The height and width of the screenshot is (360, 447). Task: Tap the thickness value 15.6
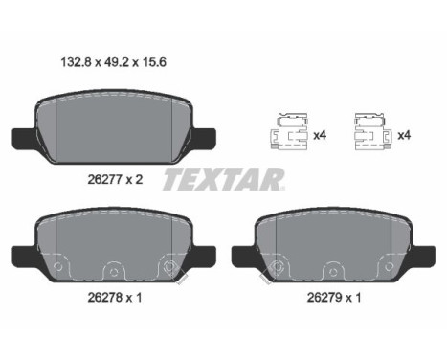coord(153,62)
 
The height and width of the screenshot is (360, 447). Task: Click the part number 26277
coord(105,180)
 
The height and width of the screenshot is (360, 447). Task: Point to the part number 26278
coord(105,298)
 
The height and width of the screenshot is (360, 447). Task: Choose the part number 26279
coord(324,298)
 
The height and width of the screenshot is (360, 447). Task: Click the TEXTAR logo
coord(224,180)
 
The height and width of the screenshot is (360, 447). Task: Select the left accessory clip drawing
coord(289,131)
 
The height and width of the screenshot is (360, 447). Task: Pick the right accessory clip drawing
coord(371,131)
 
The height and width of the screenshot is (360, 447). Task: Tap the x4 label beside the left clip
coord(320,136)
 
